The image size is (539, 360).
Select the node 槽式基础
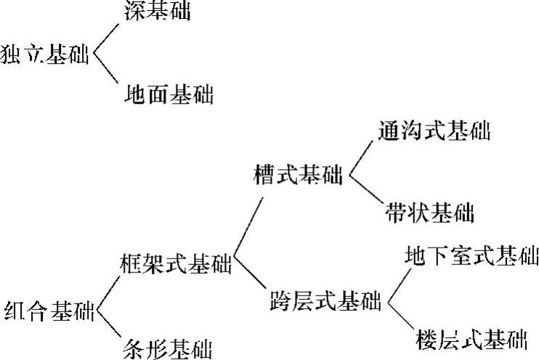(x=298, y=175)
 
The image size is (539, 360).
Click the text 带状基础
(x=429, y=213)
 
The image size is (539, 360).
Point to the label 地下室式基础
(x=471, y=256)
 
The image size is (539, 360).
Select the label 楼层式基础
(x=472, y=338)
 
